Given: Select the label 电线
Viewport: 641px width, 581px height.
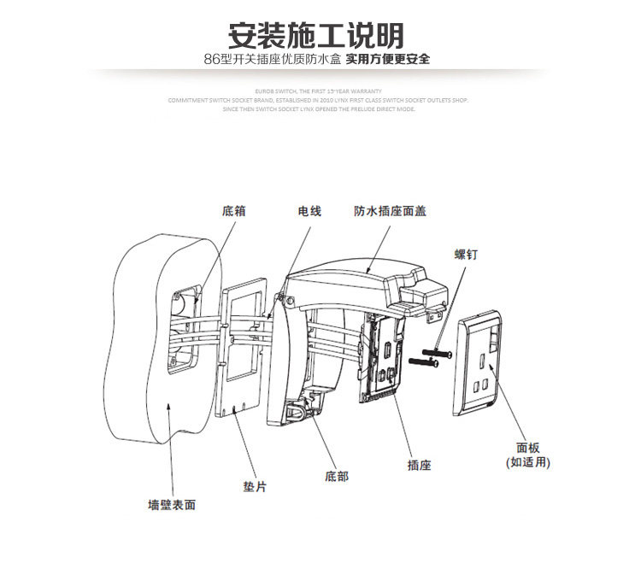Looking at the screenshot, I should click(309, 210).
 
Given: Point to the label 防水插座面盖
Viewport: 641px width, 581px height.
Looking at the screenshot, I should click(391, 210).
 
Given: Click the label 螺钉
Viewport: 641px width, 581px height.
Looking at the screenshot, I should click(466, 254).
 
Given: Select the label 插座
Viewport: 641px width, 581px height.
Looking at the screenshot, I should click(419, 466).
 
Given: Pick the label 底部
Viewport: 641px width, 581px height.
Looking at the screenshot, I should click(337, 476).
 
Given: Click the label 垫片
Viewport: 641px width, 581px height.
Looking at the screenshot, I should click(255, 486).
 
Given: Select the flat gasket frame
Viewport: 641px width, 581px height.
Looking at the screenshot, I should click(245, 350).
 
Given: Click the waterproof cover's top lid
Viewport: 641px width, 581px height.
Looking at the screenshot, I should click(359, 273).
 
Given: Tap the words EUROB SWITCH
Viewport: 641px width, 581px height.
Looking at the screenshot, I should click(274, 89).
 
